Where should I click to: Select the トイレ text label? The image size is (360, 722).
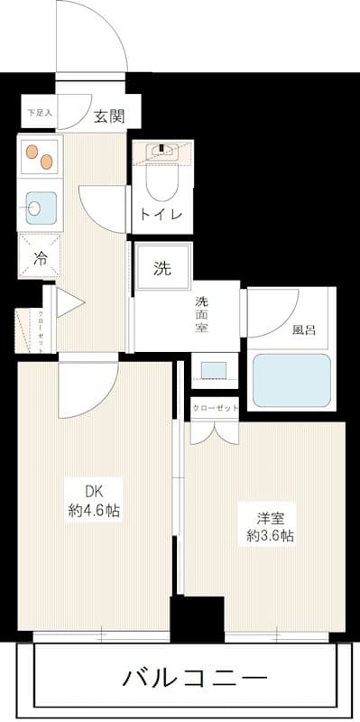point(162,214)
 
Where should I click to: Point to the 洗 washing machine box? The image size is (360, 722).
point(162,267)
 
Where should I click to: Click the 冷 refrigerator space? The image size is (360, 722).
point(39,256)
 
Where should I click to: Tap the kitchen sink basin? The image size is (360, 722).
point(40,208)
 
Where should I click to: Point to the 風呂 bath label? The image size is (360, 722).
point(304,329)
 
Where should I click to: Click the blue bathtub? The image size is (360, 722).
point(291,380)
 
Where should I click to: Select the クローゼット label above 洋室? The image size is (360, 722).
point(215,408)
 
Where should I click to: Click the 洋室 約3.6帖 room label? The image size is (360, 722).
point(269,527)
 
